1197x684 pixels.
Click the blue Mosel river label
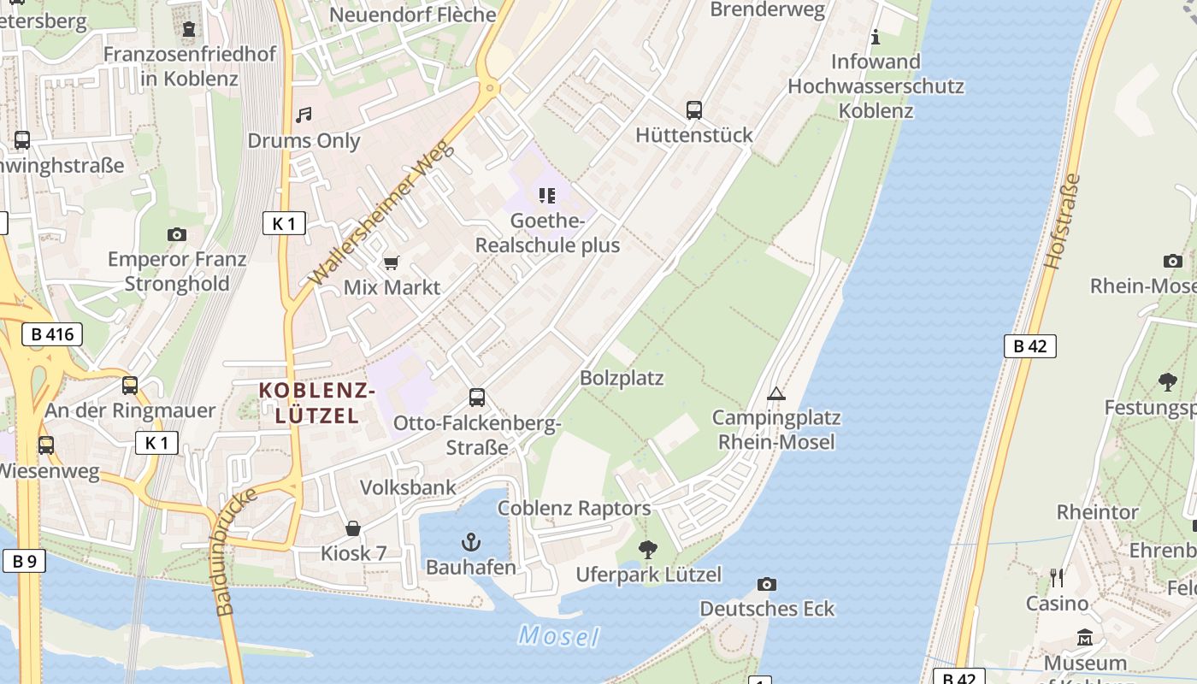click(558, 636)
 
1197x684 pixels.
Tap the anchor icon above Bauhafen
click(470, 541)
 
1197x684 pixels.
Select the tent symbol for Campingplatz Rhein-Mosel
click(775, 393)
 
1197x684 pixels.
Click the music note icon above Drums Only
click(304, 115)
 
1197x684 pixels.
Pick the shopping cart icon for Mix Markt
click(392, 262)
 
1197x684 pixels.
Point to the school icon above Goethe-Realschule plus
click(547, 196)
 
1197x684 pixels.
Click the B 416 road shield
click(53, 334)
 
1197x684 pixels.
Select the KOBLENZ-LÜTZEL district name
click(317, 404)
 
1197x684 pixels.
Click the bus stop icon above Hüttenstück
click(694, 110)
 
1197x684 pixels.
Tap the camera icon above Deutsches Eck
click(767, 585)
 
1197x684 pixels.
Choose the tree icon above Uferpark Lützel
click(648, 549)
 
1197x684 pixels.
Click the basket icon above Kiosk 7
click(353, 529)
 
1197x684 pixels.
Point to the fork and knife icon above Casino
click(1058, 578)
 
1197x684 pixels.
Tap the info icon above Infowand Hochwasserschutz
click(875, 37)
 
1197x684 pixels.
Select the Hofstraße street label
click(1063, 221)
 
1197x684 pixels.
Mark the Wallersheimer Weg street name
click(381, 214)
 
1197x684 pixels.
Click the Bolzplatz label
click(622, 378)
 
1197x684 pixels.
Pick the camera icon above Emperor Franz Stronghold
click(177, 234)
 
